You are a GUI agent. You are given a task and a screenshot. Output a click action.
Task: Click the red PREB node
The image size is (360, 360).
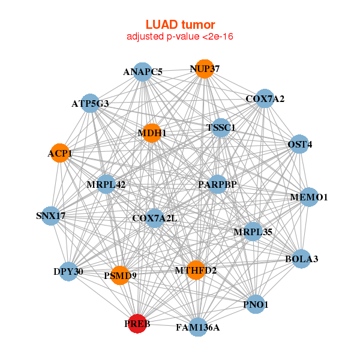coord(137,323)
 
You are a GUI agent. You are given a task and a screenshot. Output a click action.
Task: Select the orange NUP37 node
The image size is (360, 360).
coord(204,68)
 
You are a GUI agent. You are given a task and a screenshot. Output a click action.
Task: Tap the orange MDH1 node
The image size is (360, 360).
coord(151,133)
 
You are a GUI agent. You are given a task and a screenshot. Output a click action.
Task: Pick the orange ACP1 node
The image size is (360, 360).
coord(59,153)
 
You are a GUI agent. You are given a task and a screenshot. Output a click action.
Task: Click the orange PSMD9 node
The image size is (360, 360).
coord(120,275)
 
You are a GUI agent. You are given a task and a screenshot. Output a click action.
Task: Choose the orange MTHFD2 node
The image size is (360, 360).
coord(196,270)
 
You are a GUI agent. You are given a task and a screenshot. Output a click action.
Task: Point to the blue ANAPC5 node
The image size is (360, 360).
coord(142,72)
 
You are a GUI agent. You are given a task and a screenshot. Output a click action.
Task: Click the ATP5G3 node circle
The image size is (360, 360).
coord(90,103)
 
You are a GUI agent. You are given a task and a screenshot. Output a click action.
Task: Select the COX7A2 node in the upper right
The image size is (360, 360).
coord(265,98)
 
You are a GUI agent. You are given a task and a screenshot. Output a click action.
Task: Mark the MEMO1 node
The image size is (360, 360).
coord(308,197)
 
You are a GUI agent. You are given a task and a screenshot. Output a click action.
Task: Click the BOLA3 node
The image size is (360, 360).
coord(301,259)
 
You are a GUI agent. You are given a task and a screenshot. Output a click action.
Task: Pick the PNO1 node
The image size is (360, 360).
coord(255,305)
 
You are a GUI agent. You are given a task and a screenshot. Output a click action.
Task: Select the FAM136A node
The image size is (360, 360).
coord(197,327)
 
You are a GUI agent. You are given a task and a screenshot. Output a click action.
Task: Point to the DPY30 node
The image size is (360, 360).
coord(68,271)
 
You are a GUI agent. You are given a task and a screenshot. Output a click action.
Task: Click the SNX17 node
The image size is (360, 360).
coord(51,215)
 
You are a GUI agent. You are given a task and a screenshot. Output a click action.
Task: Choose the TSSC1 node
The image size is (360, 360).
coord(221,128)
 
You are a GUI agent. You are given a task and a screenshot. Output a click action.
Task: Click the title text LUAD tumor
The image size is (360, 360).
coord(180,25)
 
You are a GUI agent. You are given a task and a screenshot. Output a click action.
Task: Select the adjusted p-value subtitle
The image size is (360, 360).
coord(180,37)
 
